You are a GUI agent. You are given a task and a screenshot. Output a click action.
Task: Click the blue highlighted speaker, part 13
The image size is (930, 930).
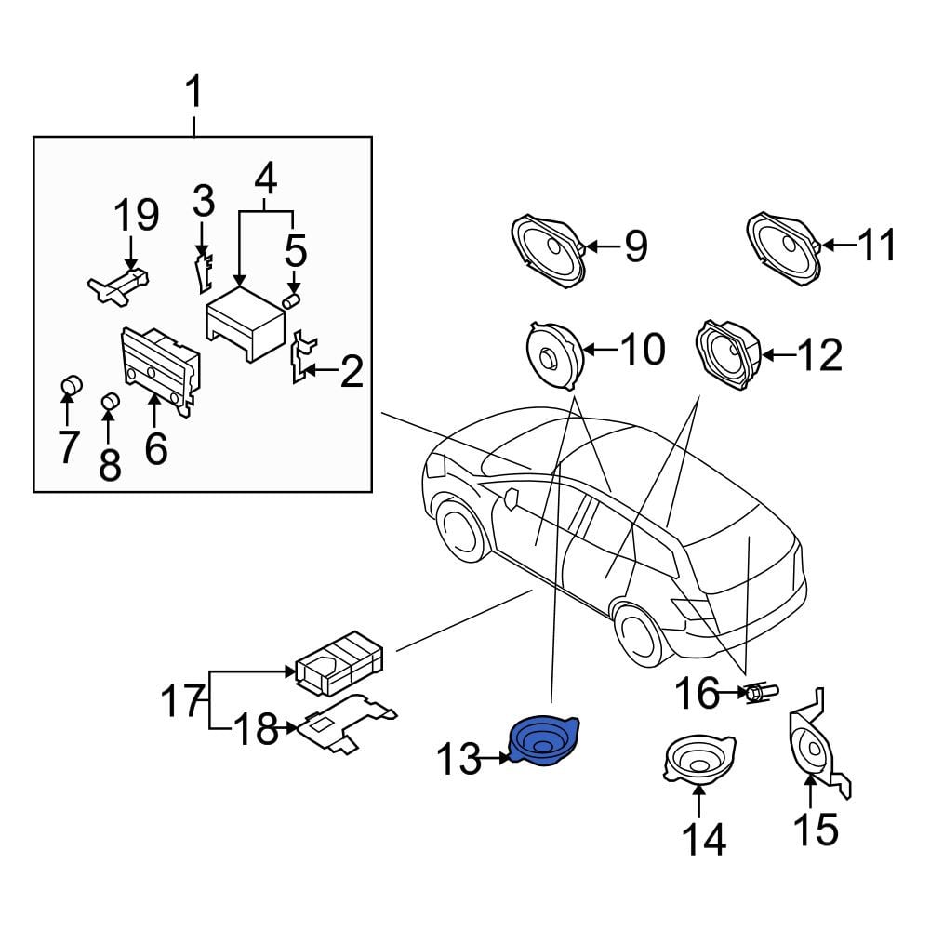pos(544,741)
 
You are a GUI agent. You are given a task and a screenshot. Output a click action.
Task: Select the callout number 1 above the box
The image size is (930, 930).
pos(194,92)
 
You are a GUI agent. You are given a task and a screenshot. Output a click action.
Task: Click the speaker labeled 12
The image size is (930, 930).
pos(727,354)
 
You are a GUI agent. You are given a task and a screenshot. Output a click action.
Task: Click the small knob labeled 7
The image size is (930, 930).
pos(72,386)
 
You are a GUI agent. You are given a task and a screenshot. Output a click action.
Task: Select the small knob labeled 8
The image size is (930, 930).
pos(111,401)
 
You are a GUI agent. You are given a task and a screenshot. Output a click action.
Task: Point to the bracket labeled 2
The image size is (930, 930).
pos(302,356)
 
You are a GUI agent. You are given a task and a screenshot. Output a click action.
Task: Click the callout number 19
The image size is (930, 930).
pos(136,215)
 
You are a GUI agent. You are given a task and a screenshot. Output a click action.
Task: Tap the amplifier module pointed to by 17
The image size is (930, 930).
pos(339,663)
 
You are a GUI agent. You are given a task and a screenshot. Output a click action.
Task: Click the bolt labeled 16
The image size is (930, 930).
pos(761,692)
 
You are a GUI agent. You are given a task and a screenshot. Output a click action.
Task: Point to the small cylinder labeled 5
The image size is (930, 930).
pos(292,300)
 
